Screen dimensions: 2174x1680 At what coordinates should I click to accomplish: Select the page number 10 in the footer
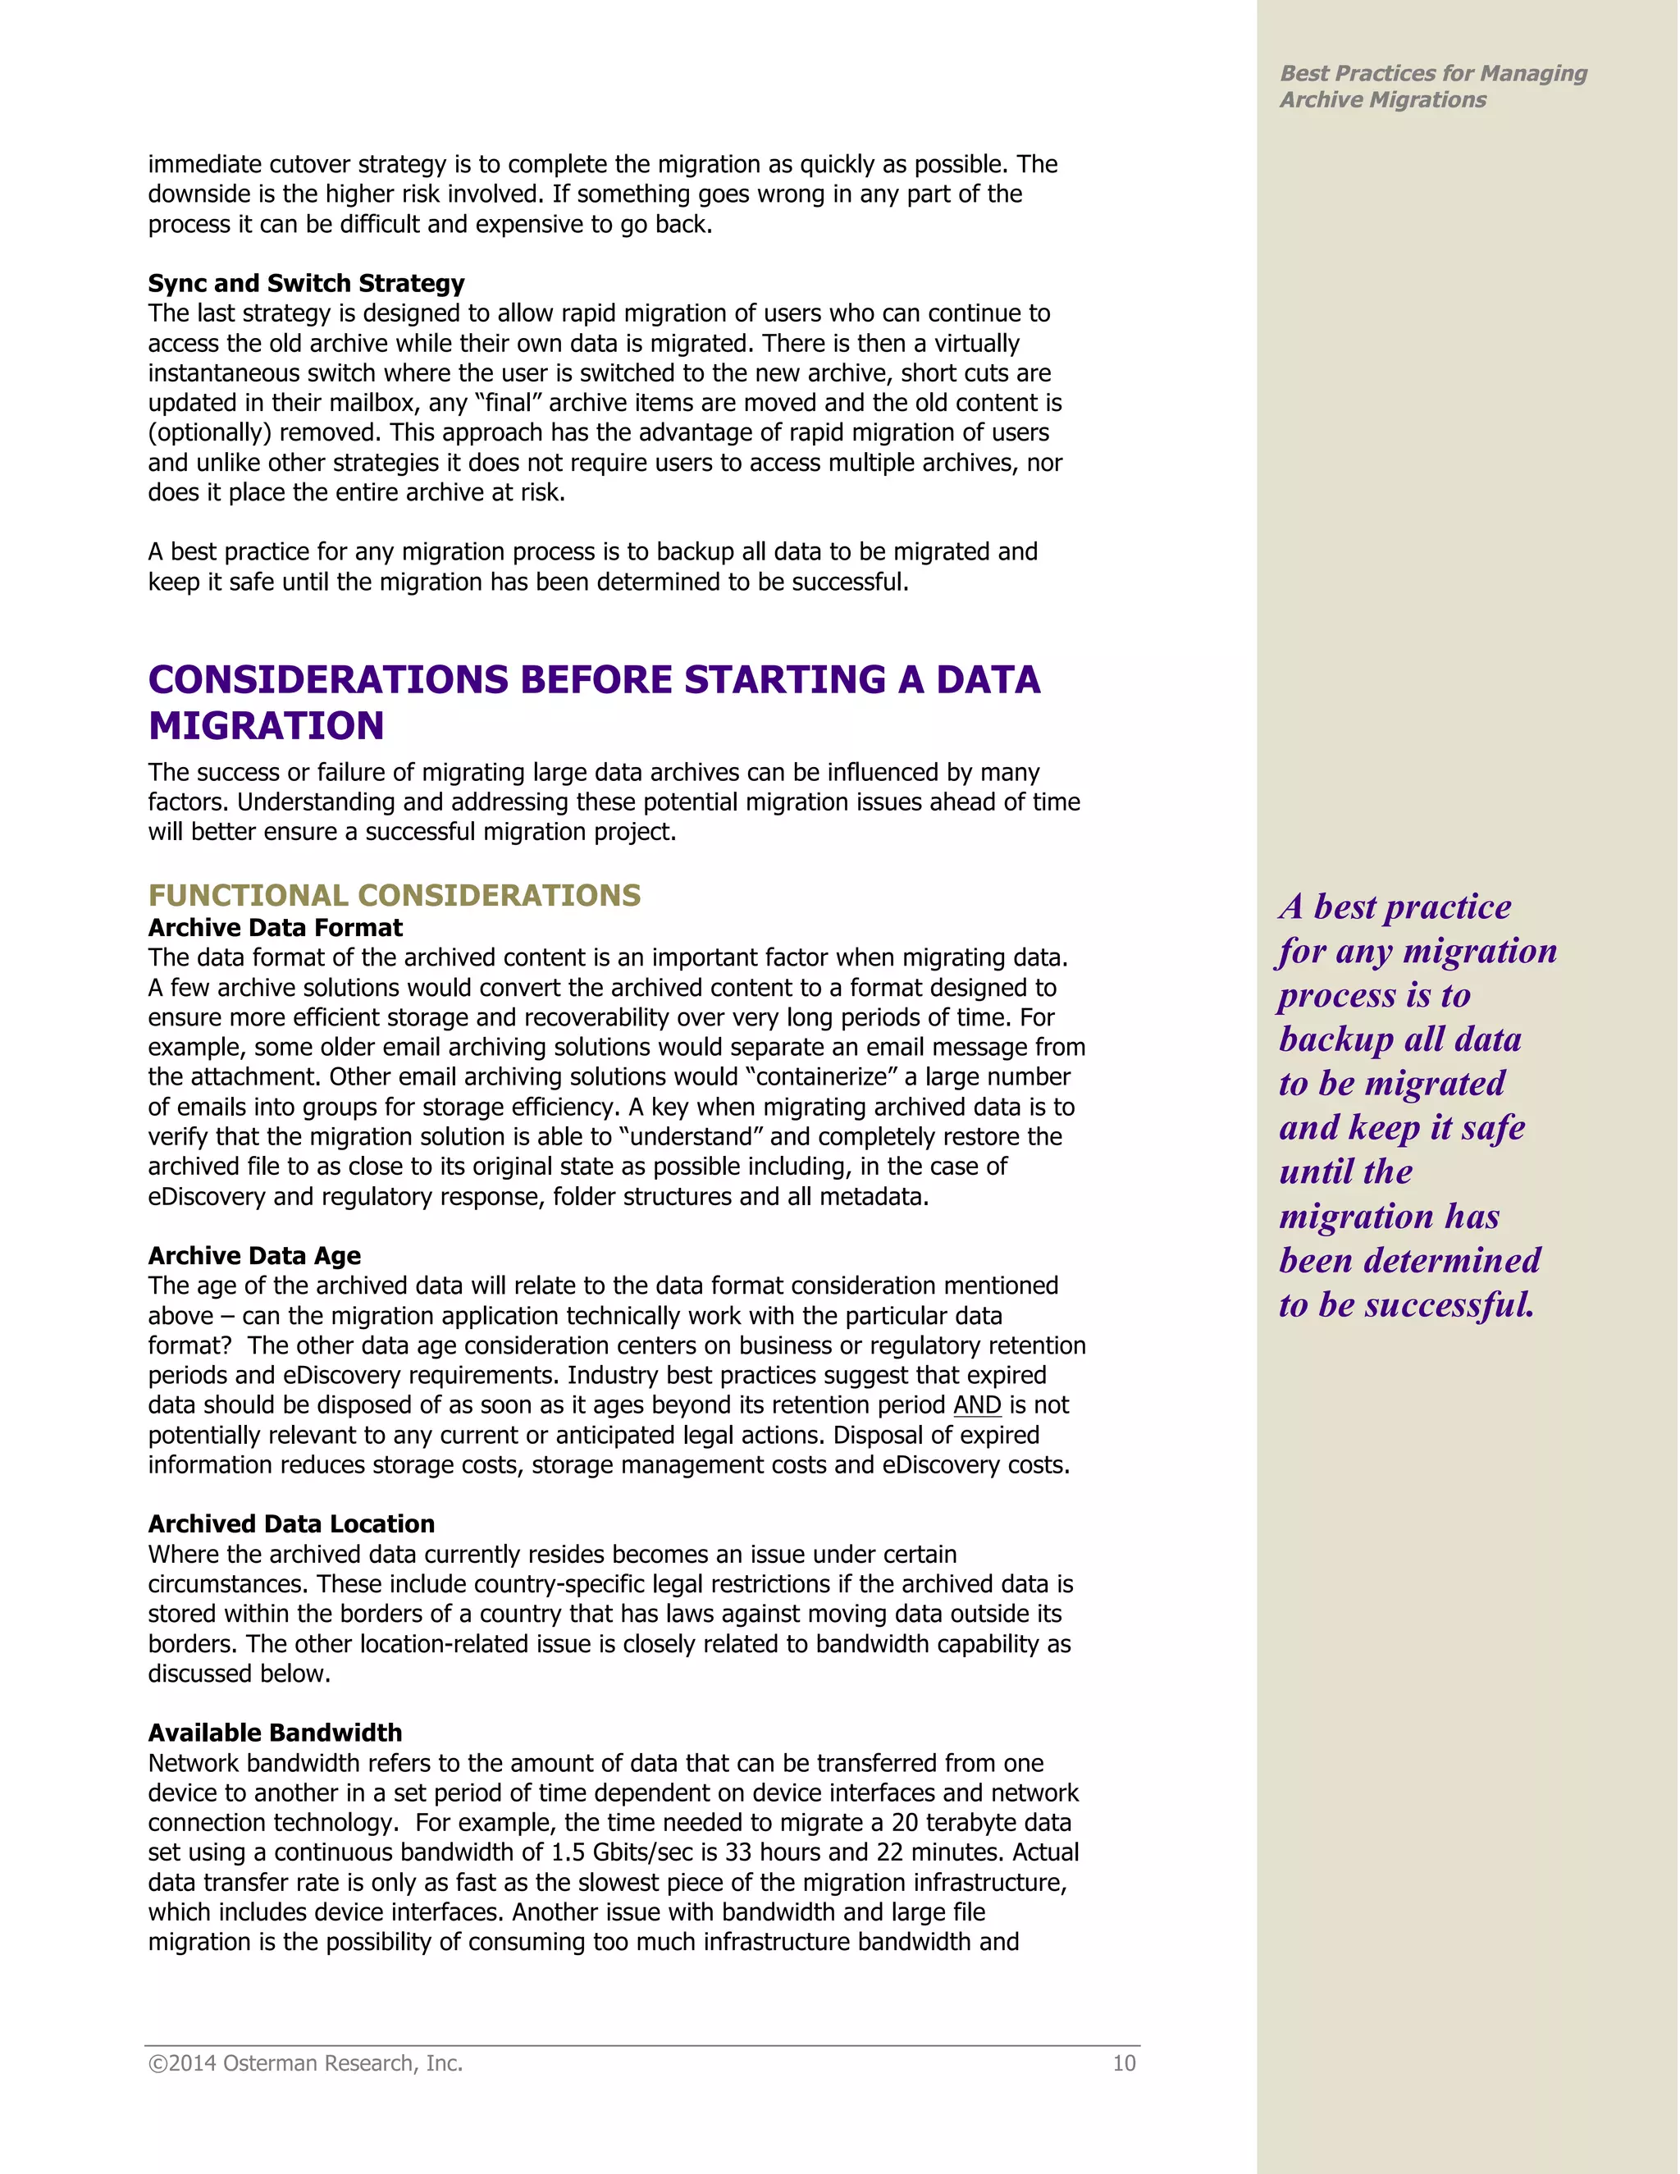click(x=1124, y=2063)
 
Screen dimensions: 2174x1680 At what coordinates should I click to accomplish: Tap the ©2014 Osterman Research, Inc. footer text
click(x=305, y=2063)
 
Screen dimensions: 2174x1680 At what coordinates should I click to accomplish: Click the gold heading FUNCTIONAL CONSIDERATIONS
click(x=394, y=895)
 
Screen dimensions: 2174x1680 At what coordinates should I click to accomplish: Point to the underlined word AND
click(x=976, y=1404)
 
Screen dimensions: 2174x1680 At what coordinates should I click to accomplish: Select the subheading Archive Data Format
click(x=275, y=928)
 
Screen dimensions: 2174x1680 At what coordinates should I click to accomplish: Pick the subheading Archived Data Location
click(x=290, y=1524)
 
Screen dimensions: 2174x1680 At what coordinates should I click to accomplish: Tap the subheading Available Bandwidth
click(x=275, y=1733)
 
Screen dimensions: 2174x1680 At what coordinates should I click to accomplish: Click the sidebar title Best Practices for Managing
click(x=1432, y=73)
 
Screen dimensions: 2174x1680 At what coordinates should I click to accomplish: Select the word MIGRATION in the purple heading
click(x=266, y=726)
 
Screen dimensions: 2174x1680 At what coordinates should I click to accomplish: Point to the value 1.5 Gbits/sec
click(x=622, y=1852)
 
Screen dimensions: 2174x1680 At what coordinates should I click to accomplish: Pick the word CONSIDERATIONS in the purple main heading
click(x=327, y=680)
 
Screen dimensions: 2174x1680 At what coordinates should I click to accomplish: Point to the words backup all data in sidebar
click(x=1399, y=1039)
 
